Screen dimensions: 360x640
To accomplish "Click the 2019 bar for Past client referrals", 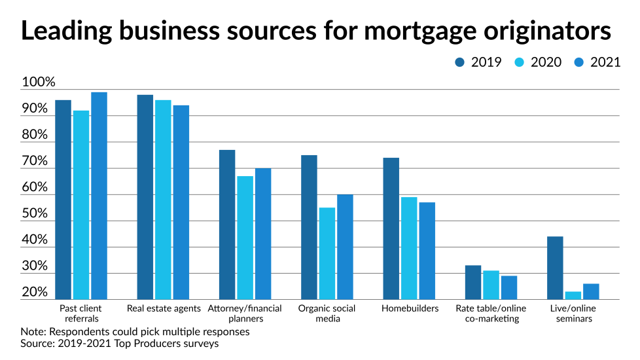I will click(63, 200).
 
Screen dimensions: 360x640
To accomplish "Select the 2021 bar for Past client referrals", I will click(99, 196).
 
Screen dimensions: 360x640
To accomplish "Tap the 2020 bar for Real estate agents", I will click(163, 200).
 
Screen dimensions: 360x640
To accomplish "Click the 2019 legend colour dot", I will click(460, 63).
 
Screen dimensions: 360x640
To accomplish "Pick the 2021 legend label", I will click(605, 63).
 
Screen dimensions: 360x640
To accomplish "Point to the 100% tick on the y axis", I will click(39, 83).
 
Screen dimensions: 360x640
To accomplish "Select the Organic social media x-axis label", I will click(327, 314).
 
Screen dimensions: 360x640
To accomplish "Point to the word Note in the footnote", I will click(33, 332).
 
